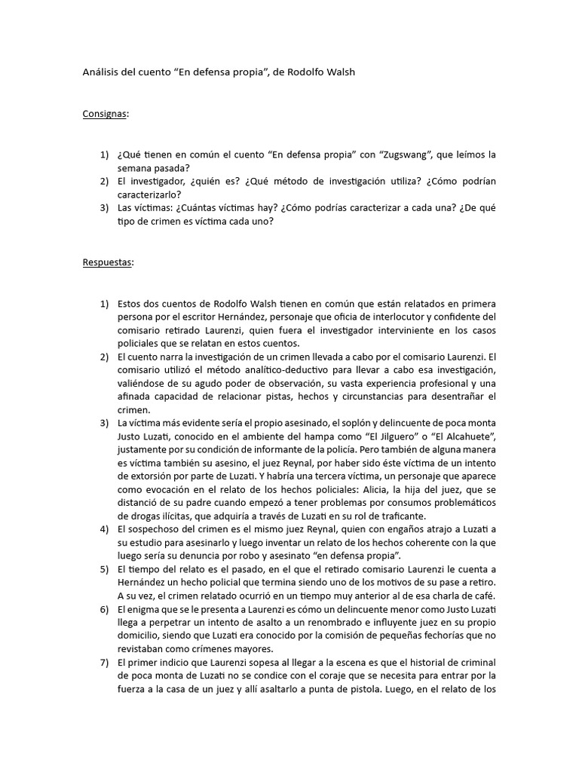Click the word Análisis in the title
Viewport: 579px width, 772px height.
click(x=101, y=72)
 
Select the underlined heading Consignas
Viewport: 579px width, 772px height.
click(x=104, y=114)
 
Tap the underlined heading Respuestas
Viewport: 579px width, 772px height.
click(x=107, y=262)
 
